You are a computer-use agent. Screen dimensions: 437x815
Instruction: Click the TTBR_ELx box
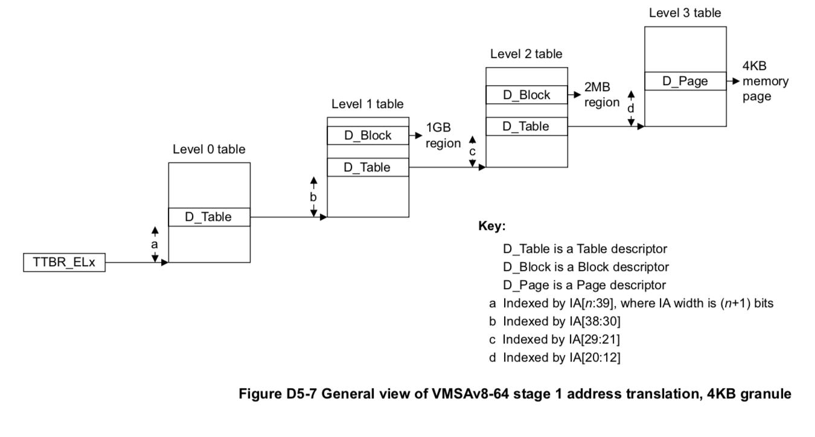pos(63,263)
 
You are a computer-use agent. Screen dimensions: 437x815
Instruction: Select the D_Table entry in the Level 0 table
pos(208,217)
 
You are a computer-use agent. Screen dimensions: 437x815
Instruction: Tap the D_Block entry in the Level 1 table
pos(368,136)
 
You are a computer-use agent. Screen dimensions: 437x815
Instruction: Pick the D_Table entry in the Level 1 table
pos(368,167)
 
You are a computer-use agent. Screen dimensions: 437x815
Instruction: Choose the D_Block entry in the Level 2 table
pos(526,95)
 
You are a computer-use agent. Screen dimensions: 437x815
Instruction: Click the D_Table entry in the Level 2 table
pos(526,126)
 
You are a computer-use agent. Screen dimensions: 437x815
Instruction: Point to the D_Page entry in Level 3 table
pos(685,81)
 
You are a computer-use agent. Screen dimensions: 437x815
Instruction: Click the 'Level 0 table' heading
pos(209,148)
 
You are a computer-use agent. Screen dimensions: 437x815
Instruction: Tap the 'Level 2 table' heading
pos(526,54)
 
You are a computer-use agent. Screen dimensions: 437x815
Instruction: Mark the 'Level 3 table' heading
pos(685,12)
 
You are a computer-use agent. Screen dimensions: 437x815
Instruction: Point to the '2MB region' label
pos(601,95)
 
